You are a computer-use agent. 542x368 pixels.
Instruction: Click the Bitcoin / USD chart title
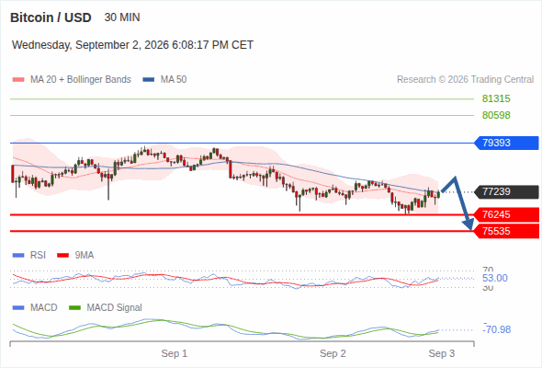tap(51, 17)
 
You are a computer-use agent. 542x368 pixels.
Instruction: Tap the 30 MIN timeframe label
tap(122, 17)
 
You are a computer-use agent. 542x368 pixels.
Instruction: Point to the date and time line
tap(132, 45)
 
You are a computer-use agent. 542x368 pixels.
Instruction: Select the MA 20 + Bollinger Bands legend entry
tap(72, 80)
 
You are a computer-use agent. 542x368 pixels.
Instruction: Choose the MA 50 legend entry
tap(164, 80)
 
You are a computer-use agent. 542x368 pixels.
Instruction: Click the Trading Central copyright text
tap(465, 80)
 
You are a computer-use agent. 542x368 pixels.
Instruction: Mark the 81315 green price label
tap(496, 99)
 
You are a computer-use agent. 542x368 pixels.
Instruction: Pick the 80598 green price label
tap(496, 115)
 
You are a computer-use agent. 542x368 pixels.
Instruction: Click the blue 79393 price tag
tap(507, 143)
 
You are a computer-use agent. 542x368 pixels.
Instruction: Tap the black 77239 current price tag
tap(507, 191)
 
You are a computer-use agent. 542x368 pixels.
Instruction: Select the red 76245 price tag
tap(507, 214)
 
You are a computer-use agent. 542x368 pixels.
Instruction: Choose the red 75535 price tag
tap(507, 231)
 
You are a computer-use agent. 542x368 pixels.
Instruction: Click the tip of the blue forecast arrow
tap(470, 229)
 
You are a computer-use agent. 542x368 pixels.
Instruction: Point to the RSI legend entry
tap(29, 255)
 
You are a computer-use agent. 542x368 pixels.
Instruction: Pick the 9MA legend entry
tap(75, 255)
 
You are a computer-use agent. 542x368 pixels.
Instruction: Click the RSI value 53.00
tap(495, 278)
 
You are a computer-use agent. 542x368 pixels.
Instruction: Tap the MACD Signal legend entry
tap(106, 307)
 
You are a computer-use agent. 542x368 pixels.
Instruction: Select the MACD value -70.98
tap(496, 329)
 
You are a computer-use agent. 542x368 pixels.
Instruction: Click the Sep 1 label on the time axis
tap(175, 353)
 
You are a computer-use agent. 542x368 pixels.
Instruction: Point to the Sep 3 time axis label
tap(442, 353)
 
